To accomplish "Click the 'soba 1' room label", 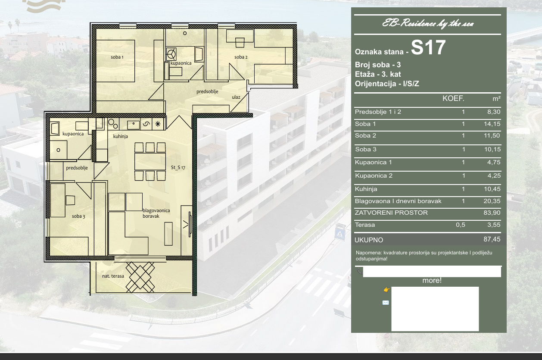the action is tap(117, 57).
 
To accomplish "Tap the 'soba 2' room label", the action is tap(241, 57).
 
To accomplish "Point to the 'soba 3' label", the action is tap(78, 216).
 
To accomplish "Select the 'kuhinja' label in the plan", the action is tap(121, 136).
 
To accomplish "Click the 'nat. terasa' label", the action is tap(113, 276).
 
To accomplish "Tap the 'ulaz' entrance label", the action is tap(236, 97).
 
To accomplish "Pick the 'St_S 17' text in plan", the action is tap(178, 167).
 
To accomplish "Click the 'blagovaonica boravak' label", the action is tap(156, 213).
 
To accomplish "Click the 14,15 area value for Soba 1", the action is tap(492, 124).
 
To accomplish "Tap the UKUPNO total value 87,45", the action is tap(492, 239).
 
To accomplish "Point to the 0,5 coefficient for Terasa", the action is tap(461, 225).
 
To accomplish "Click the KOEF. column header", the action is tap(453, 99).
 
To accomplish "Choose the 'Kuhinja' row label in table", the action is tap(366, 189).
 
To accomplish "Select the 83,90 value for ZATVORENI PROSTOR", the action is tap(492, 213).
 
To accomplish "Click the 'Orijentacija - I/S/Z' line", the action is tap(387, 84).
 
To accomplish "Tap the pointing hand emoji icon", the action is tap(386, 290).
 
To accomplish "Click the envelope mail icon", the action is tap(386, 303).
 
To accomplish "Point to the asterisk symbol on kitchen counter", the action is tap(158, 124).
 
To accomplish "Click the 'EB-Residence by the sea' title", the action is tap(428, 24).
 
